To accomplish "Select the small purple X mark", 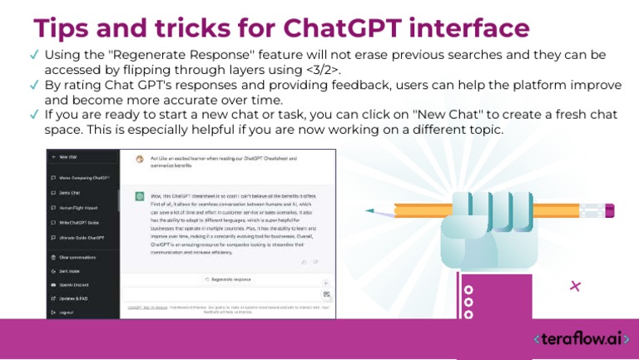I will [575, 286].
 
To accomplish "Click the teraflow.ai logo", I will [582, 339].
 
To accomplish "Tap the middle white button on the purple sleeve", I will [468, 302].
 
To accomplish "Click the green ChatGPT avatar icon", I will [140, 196].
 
